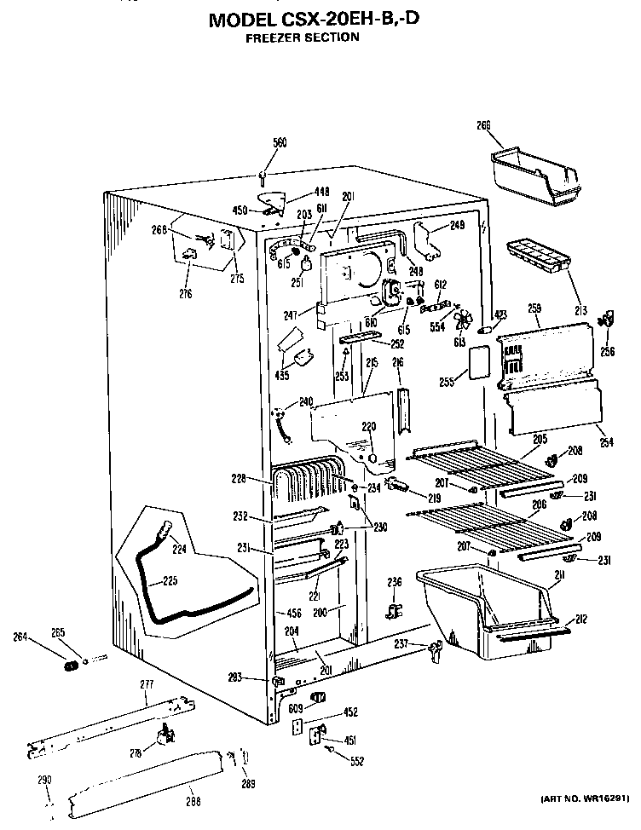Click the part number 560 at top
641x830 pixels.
tap(280, 142)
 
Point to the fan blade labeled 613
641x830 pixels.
tap(464, 320)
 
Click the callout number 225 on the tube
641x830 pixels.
tap(170, 582)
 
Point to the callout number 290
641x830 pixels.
tap(45, 780)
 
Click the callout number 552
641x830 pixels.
tap(355, 760)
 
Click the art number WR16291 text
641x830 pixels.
tap(585, 798)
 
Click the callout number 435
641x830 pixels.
tap(282, 373)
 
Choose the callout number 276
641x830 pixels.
tap(186, 293)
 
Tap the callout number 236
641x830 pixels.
tap(395, 582)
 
